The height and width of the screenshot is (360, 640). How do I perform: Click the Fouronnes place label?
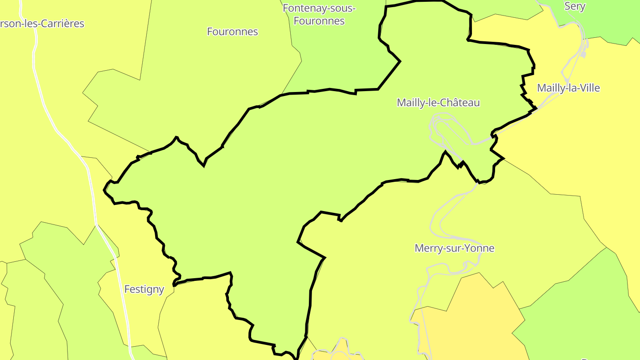pyautogui.click(x=232, y=32)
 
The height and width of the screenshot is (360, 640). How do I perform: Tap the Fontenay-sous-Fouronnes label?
pyautogui.click(x=319, y=14)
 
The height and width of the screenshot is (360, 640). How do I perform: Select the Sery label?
pyautogui.click(x=575, y=6)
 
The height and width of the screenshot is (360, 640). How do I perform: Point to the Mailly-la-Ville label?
pyautogui.click(x=568, y=88)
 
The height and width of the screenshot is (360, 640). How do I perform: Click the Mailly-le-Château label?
pyautogui.click(x=438, y=103)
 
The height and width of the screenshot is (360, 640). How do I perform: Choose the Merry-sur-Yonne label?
pyautogui.click(x=454, y=248)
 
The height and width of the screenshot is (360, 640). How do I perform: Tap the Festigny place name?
pyautogui.click(x=144, y=289)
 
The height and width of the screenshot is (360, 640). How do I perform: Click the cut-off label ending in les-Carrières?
pyautogui.click(x=42, y=24)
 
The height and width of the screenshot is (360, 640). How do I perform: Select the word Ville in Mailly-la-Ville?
pyautogui.click(x=588, y=88)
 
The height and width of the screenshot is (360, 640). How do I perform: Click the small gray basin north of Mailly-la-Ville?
pyautogui.click(x=583, y=54)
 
